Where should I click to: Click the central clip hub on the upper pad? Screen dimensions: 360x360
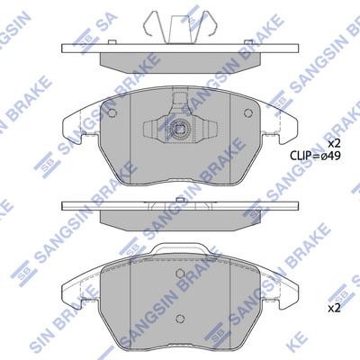(180, 127)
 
